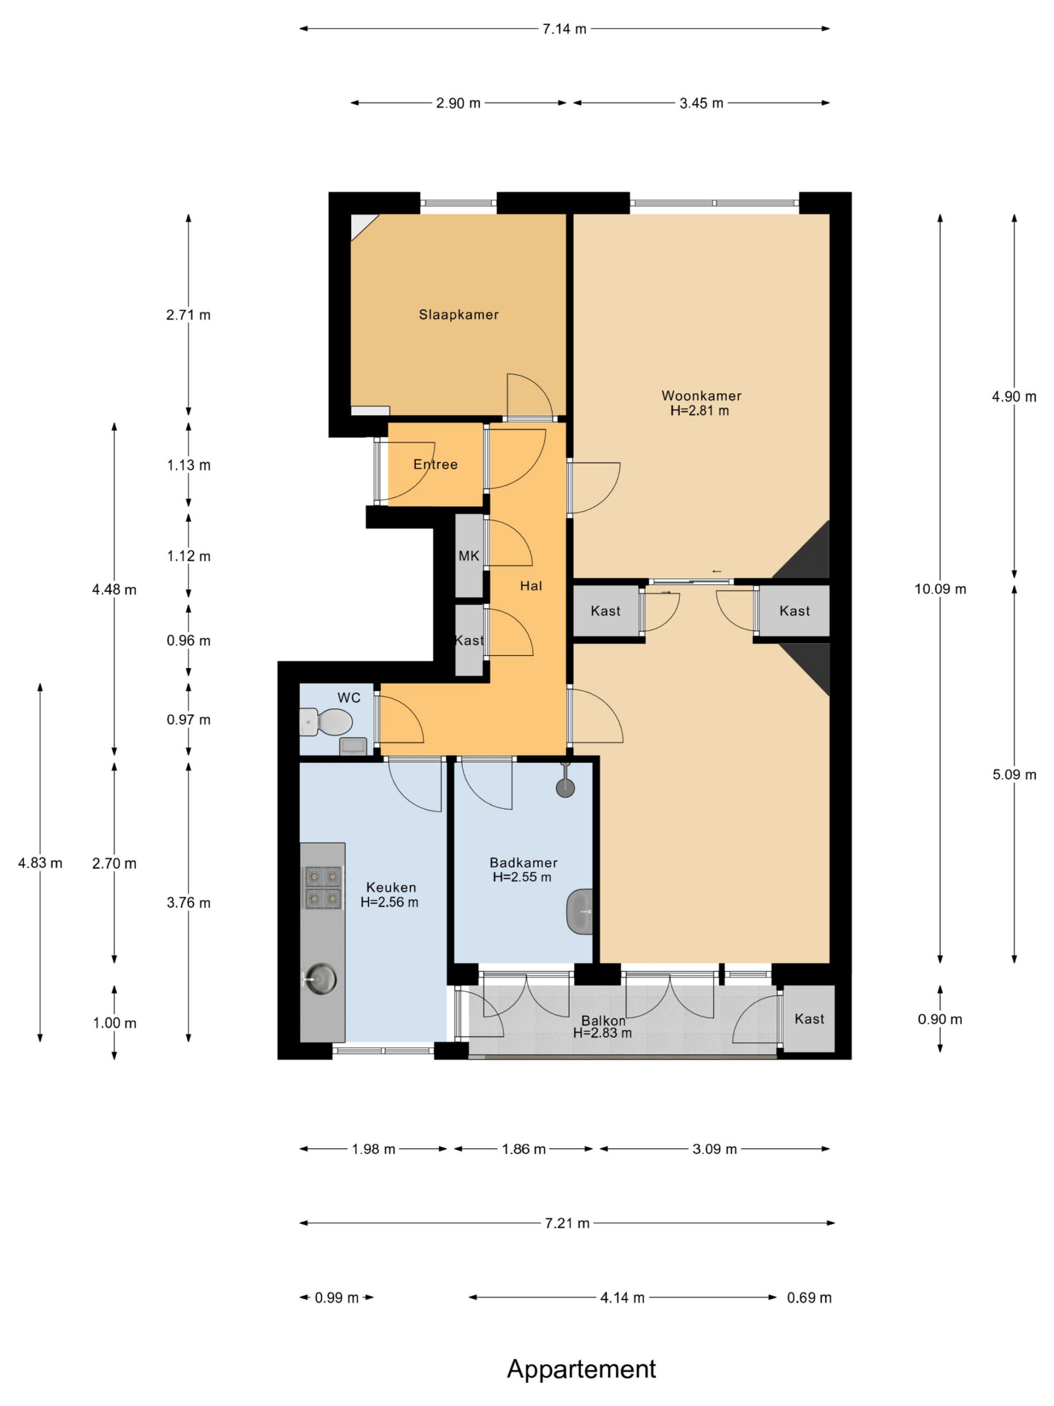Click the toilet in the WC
coord(326,722)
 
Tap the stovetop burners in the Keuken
coord(322,888)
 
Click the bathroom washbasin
coord(579,912)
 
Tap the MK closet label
coord(469,556)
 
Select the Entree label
coord(435,465)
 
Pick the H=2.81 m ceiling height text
coord(699,411)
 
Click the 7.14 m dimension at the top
coord(564,29)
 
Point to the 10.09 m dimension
coord(940,589)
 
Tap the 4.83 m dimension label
coord(40,862)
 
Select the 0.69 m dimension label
coord(809,1297)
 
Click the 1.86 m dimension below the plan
coord(524,1148)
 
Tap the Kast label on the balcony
coord(809,1019)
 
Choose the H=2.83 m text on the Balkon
coord(602,1033)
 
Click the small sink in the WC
coord(353,745)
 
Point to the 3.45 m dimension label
coord(702,103)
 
